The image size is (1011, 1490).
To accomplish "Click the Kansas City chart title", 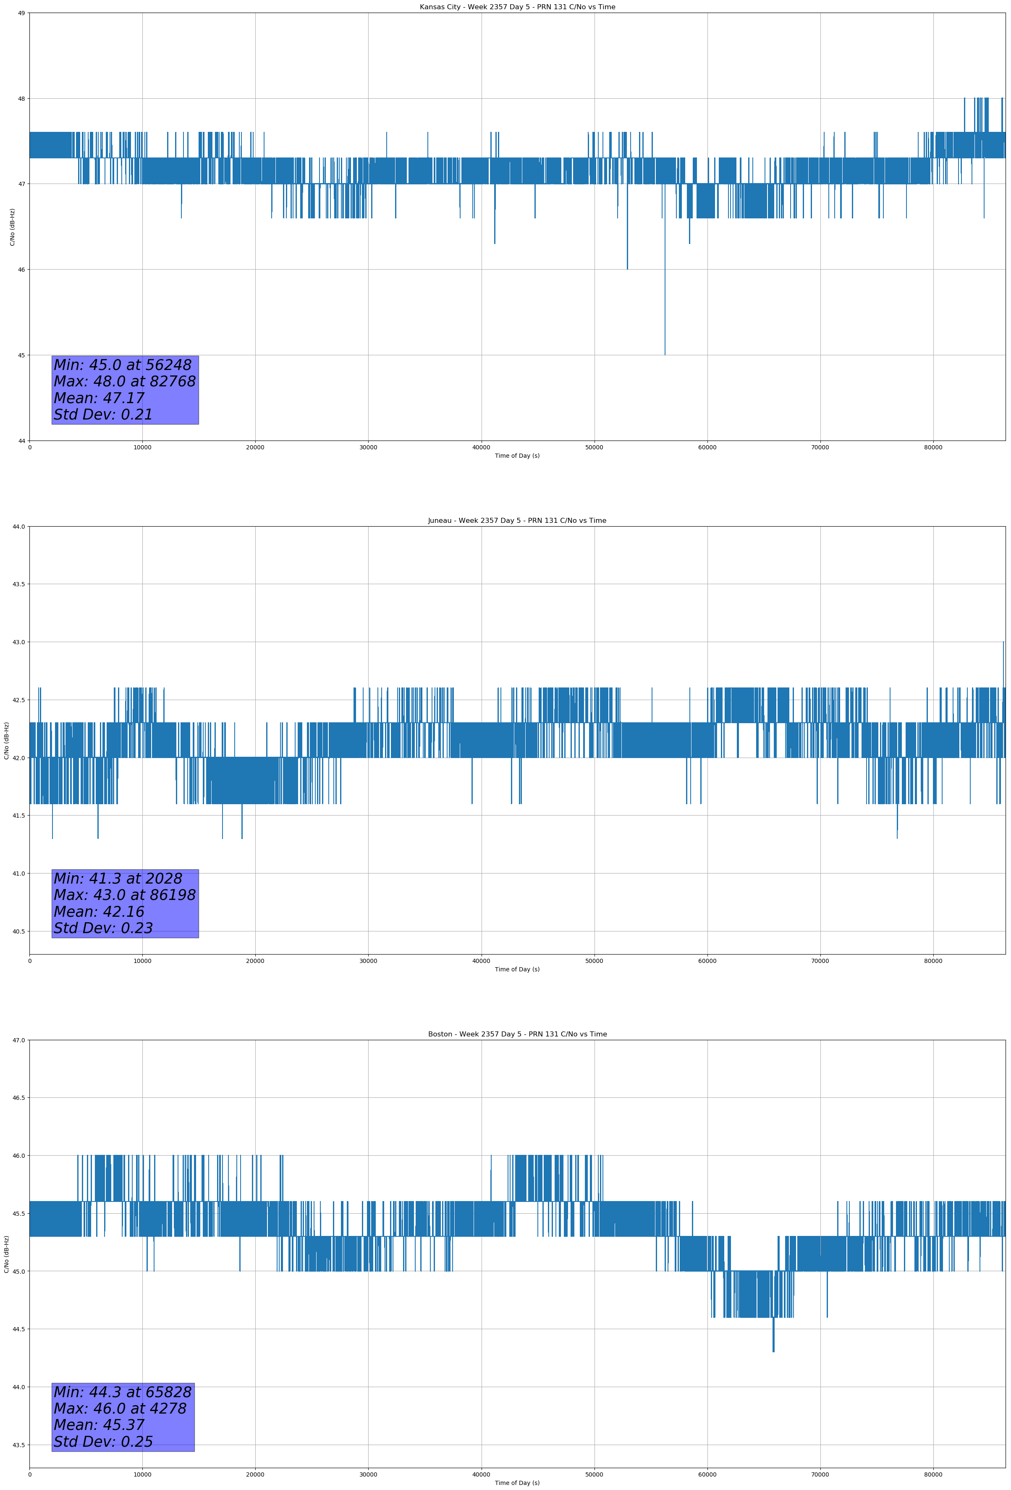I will click(x=517, y=7).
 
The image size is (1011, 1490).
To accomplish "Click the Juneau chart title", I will click(x=517, y=521).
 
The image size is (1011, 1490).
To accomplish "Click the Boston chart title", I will click(x=517, y=1034).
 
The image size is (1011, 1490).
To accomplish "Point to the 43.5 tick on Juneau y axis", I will click(x=18, y=584).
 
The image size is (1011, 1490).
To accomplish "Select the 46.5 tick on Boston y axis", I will click(x=18, y=1098).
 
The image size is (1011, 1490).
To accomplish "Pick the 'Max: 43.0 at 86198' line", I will click(x=124, y=895).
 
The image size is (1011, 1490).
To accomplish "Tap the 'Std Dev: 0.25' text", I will click(x=103, y=1441).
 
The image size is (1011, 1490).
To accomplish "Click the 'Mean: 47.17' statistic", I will click(x=99, y=398).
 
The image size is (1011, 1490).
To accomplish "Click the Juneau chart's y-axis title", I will click(x=6, y=740).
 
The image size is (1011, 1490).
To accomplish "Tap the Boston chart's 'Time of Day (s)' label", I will click(x=517, y=1482).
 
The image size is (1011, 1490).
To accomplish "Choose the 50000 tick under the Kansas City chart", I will click(x=594, y=448).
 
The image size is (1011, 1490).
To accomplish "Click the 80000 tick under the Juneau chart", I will click(x=933, y=960).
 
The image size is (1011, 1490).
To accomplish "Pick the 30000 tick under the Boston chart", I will click(x=368, y=1474).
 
